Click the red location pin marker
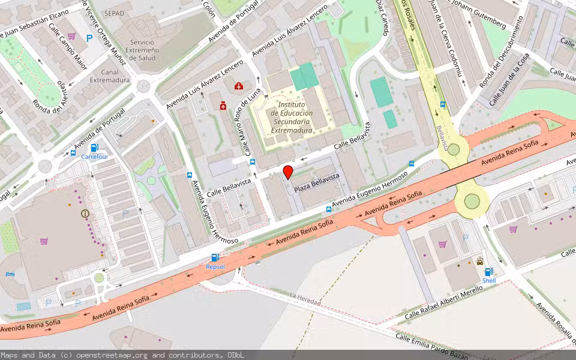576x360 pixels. point(288,172)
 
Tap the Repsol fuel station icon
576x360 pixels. point(215,258)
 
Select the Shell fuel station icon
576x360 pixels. point(489,272)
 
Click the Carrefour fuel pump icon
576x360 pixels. point(94,148)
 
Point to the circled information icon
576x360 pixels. point(85,213)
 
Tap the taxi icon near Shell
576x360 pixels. point(480,261)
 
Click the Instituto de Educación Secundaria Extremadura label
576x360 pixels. point(291,121)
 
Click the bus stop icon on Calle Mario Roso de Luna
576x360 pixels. point(253,162)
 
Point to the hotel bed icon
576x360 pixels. point(9,274)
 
